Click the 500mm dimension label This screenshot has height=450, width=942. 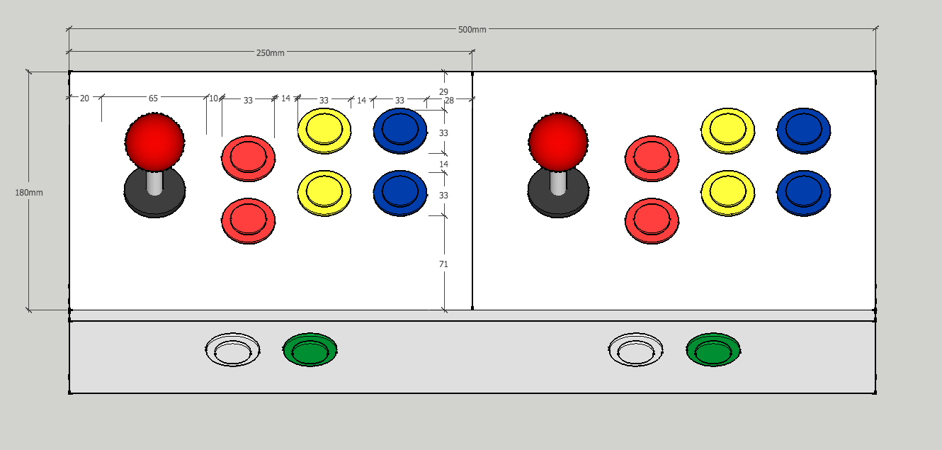pyautogui.click(x=472, y=29)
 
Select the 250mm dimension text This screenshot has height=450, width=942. pyautogui.click(x=270, y=53)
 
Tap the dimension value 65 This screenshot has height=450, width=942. pyautogui.click(x=153, y=99)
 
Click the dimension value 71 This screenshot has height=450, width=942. pyautogui.click(x=443, y=264)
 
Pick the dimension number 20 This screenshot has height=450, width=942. pyautogui.click(x=84, y=99)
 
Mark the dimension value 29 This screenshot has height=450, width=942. pyautogui.click(x=443, y=92)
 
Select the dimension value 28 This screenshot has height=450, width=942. pyautogui.click(x=449, y=101)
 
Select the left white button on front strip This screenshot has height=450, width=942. pyautogui.click(x=232, y=349)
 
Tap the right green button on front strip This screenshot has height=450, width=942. pyautogui.click(x=713, y=349)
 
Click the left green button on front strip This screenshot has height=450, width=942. pyautogui.click(x=310, y=349)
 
